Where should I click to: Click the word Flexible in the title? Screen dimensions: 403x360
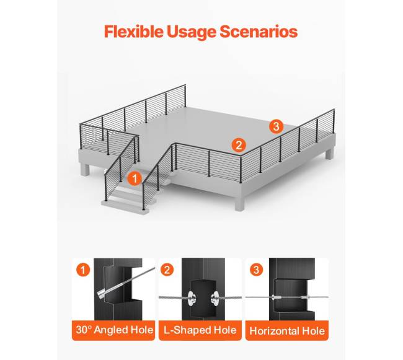point(134,32)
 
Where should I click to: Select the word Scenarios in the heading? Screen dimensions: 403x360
point(259,32)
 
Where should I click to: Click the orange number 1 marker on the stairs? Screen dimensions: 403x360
point(135,178)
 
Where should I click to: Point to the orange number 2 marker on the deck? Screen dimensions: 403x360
point(239,145)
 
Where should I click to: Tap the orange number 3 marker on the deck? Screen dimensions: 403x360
point(277,126)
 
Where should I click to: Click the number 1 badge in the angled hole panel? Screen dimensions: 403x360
point(83,270)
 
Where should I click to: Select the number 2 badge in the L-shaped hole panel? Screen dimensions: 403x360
point(167,270)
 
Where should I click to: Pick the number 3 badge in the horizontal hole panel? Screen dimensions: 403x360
point(256,270)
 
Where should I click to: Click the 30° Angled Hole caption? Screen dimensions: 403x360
point(114,330)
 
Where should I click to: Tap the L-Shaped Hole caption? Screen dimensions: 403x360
point(200,330)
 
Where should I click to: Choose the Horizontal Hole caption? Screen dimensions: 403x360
point(287,331)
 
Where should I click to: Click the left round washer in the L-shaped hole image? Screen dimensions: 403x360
point(192,298)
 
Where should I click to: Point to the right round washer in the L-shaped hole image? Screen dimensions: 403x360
point(215,298)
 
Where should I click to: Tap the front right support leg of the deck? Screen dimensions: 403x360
point(239,203)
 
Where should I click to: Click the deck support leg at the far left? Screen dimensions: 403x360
point(84,170)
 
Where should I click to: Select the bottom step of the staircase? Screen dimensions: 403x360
point(125,206)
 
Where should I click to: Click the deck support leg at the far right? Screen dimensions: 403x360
point(329,154)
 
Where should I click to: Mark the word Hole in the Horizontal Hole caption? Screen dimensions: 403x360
point(314,331)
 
